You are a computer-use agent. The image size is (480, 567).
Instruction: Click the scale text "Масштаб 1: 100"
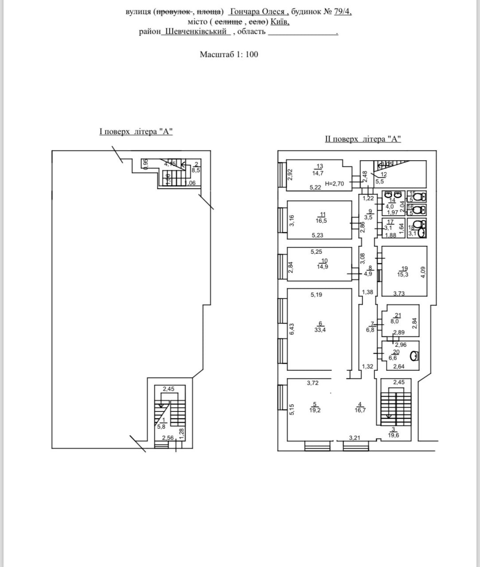[229, 54]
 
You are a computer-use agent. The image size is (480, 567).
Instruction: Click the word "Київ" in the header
[280, 21]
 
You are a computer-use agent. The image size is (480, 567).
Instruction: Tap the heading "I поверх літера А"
[136, 132]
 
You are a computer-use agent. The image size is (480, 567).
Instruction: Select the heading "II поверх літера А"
[363, 139]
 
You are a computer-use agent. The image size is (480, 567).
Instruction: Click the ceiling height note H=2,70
[334, 183]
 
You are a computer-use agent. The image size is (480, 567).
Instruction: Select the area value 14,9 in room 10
[323, 267]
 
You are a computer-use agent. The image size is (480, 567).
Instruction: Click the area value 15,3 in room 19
[403, 275]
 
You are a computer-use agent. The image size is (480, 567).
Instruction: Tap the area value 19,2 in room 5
[315, 410]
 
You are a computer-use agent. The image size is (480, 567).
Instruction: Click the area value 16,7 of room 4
[361, 410]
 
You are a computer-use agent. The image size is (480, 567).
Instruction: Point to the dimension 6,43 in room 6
[292, 328]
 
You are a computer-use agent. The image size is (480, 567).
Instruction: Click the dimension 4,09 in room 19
[423, 272]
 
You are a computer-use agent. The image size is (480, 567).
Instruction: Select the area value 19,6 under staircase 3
[393, 435]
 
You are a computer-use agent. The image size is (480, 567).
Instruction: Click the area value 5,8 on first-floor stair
[161, 427]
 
